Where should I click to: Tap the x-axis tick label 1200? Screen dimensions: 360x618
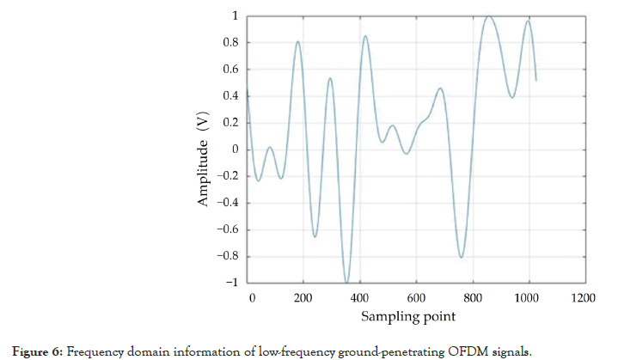click(584, 297)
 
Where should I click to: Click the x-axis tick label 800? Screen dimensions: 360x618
click(473, 297)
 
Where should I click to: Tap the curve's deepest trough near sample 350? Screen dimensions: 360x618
click(346, 282)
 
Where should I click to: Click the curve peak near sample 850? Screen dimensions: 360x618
click(487, 16)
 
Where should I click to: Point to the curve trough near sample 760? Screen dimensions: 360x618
click(462, 257)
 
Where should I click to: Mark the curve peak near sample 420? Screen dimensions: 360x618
click(365, 36)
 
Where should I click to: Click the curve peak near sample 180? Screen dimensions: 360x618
click(297, 41)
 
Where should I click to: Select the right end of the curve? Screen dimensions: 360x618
click(535, 80)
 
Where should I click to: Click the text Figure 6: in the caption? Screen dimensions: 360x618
click(39, 351)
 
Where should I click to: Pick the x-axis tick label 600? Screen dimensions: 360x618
click(416, 297)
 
